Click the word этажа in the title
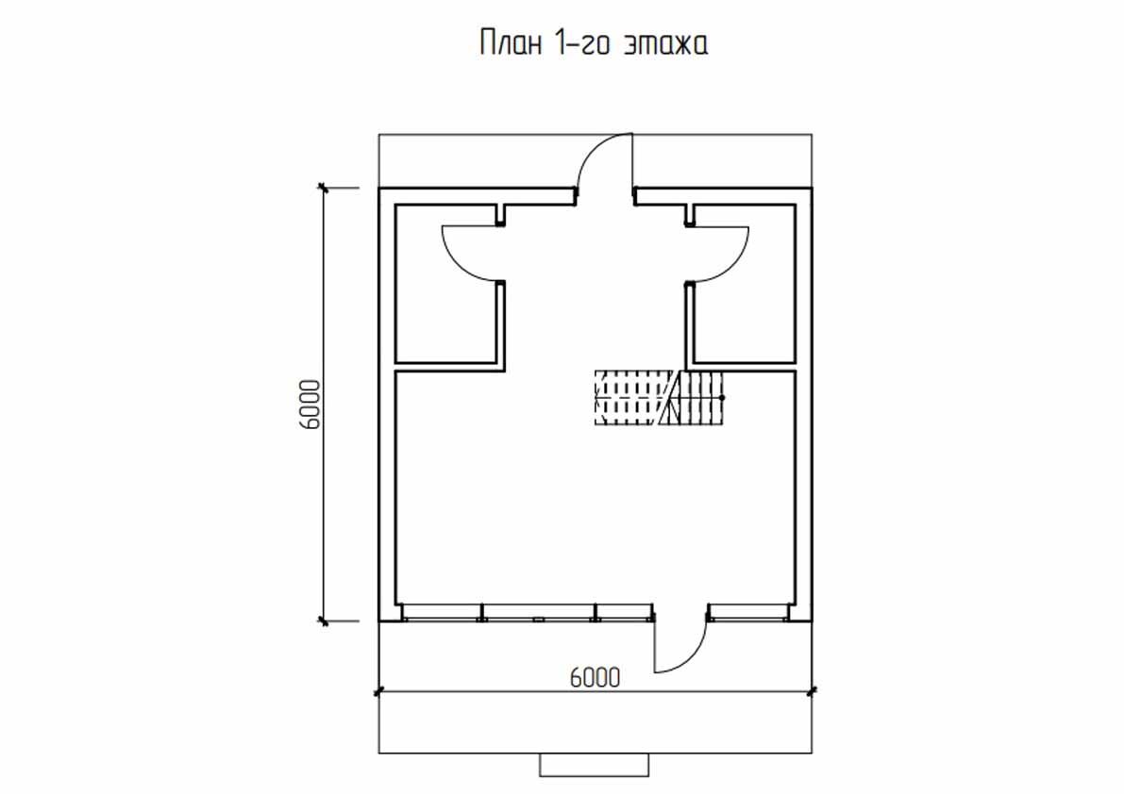click(x=665, y=44)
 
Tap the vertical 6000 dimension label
click(x=312, y=405)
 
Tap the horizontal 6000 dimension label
click(x=596, y=677)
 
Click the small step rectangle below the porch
click(x=595, y=765)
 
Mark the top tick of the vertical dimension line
click(x=324, y=189)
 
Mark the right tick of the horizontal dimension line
click(x=812, y=691)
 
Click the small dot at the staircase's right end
click(x=723, y=398)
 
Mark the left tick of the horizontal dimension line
click(x=379, y=691)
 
